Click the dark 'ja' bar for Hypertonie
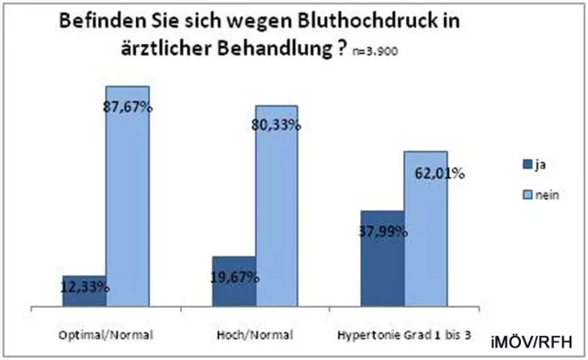click(x=382, y=259)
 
